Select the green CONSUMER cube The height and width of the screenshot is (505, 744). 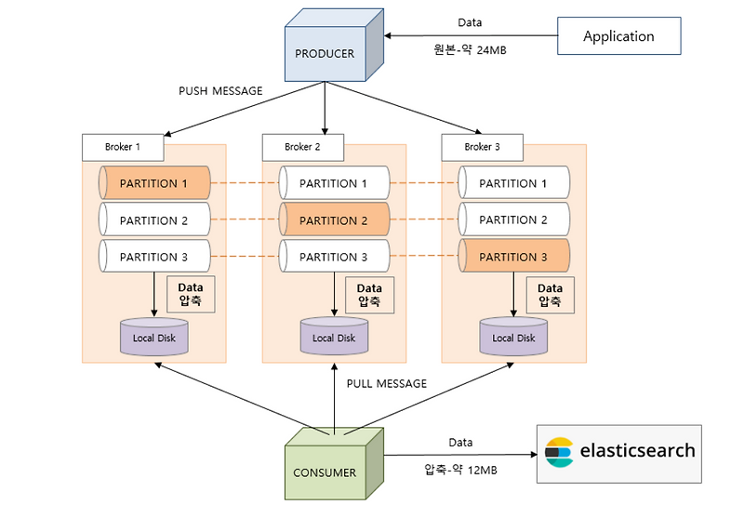[331, 465]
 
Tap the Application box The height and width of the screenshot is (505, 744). [618, 36]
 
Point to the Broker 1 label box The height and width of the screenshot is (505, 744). [122, 147]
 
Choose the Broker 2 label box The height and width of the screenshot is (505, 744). [302, 147]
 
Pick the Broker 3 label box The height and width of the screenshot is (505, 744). [482, 147]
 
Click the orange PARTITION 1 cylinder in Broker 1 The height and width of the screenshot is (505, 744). [154, 183]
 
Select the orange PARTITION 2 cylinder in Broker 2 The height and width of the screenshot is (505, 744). [335, 220]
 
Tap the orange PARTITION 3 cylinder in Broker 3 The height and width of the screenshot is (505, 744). [514, 257]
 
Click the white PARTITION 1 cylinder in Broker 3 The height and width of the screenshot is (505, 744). [514, 183]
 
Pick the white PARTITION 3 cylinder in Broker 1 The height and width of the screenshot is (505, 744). [154, 257]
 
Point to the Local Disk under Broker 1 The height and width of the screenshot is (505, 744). [154, 338]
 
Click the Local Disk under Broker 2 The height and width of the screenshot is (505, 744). [334, 338]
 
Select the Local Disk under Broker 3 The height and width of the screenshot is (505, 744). [513, 338]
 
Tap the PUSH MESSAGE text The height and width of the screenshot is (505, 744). [220, 91]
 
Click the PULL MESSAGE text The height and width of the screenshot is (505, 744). [386, 383]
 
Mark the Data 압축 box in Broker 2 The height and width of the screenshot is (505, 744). [370, 296]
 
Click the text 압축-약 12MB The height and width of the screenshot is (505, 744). [460, 470]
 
